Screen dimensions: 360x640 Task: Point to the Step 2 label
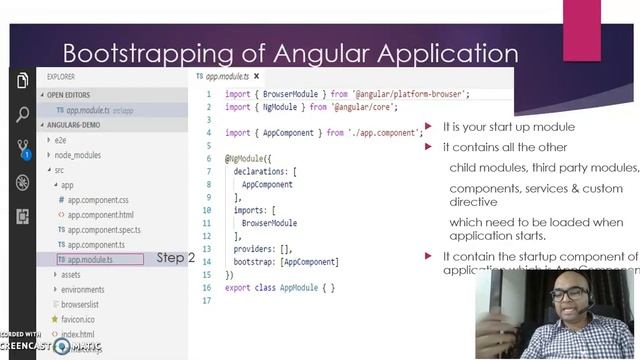[175, 258]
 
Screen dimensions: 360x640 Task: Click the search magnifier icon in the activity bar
[23, 115]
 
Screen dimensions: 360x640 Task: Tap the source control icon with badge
[23, 148]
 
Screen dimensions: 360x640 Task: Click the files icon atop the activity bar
[23, 82]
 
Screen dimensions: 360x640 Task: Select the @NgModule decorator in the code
[245, 158]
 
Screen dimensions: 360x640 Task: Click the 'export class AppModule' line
[280, 288]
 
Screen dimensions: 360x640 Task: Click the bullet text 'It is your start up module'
[508, 127]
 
